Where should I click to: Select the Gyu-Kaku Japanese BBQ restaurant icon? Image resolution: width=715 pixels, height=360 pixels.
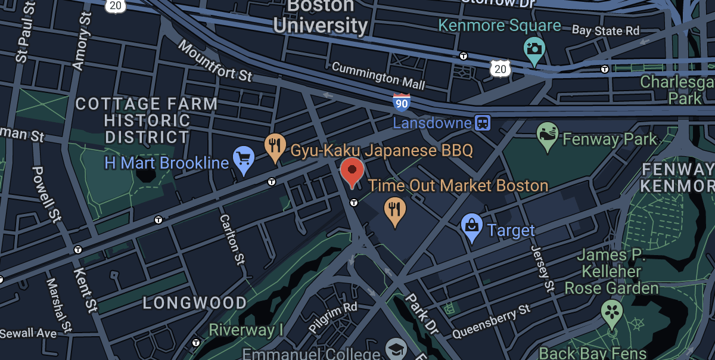point(274,147)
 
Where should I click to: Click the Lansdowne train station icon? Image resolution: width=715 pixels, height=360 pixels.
point(482,123)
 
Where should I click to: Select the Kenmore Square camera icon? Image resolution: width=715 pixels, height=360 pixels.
point(534,50)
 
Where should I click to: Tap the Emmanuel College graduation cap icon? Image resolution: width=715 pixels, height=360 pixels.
point(396,348)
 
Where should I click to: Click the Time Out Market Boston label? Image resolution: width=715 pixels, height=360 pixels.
point(458,185)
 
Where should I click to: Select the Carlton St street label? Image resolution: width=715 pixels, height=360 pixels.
point(232,238)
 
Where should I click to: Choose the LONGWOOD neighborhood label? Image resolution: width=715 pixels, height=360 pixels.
point(194,303)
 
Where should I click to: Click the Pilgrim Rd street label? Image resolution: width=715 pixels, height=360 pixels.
point(333,317)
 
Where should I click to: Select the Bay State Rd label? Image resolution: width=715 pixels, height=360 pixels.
point(605,30)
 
